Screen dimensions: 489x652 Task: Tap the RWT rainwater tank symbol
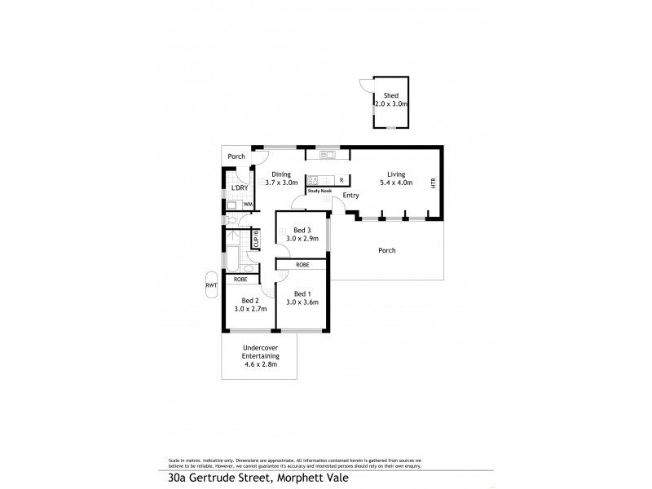tap(211, 285)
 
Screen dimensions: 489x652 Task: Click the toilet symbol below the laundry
tap(232, 219)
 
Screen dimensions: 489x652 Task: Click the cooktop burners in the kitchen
tap(313, 180)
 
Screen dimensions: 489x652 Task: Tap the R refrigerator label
tap(341, 180)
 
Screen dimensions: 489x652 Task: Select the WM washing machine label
tap(247, 204)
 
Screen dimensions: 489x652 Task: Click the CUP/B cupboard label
tap(256, 239)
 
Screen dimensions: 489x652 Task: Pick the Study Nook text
tap(319, 191)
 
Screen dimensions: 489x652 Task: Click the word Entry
tap(351, 196)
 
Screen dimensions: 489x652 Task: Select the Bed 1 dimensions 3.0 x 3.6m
tap(302, 302)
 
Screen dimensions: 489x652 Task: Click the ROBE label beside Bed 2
tap(240, 280)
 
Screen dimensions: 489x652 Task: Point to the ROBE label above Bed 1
tap(302, 265)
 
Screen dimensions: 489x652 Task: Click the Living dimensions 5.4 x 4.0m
tap(396, 183)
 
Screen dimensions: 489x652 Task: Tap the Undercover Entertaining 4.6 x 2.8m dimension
tap(260, 364)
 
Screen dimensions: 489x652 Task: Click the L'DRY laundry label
tap(239, 188)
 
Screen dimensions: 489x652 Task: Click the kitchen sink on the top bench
tap(328, 154)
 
